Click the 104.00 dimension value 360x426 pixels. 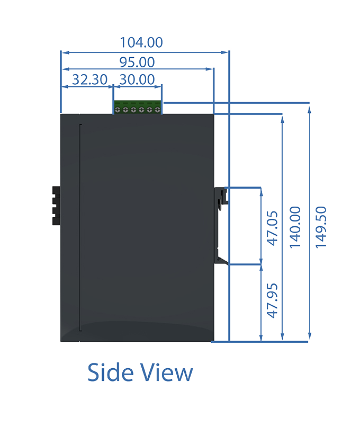click(141, 42)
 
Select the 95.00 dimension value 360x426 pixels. click(137, 62)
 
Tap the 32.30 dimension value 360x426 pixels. click(89, 79)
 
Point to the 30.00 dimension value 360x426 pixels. click(137, 79)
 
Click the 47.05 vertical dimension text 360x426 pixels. click(272, 228)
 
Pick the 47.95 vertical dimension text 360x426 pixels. click(272, 300)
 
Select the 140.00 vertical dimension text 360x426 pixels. click(295, 227)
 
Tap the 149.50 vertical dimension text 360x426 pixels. click(321, 227)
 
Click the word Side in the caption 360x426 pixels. click(110, 372)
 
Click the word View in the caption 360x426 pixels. click(166, 372)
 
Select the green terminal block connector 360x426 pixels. click(137, 107)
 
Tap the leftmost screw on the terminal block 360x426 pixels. click(118, 110)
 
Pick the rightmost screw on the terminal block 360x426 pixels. click(157, 110)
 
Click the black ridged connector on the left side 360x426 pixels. click(56, 206)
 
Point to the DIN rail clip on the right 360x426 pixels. click(221, 225)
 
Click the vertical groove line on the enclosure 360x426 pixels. click(80, 228)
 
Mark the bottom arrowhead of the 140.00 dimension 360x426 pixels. click(282, 336)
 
